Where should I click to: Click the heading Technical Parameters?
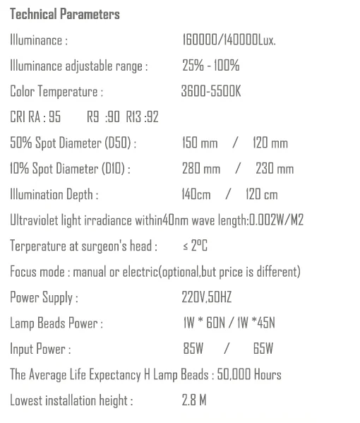pyautogui.click(x=65, y=15)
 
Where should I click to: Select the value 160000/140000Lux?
pyautogui.click(x=229, y=40)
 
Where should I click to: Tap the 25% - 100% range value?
pyautogui.click(x=211, y=66)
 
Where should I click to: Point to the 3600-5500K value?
pyautogui.click(x=212, y=92)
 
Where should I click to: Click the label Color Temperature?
pyautogui.click(x=56, y=92)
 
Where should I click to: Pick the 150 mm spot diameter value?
pyautogui.click(x=200, y=143)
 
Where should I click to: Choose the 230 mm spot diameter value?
pyautogui.click(x=275, y=169)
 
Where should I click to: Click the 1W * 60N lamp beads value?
pyautogui.click(x=202, y=323)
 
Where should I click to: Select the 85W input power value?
pyautogui.click(x=193, y=349)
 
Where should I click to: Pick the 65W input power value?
pyautogui.click(x=263, y=349)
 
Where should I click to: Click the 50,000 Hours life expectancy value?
pyautogui.click(x=248, y=374)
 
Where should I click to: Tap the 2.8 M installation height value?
pyautogui.click(x=194, y=400)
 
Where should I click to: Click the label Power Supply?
pyautogui.click(x=44, y=297)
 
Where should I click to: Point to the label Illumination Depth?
pyautogui.click(x=54, y=194)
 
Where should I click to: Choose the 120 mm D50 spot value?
pyautogui.click(x=270, y=143)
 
